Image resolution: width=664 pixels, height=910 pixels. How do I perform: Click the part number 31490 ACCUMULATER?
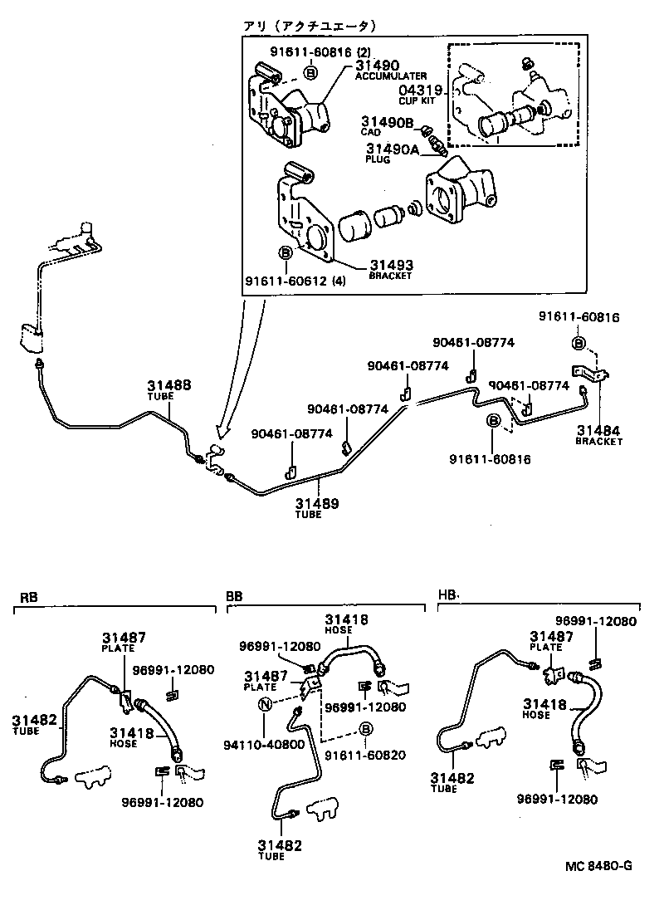tap(378, 70)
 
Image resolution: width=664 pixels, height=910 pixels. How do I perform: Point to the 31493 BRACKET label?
tap(391, 269)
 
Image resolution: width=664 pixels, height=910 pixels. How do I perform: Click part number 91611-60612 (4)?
tap(295, 281)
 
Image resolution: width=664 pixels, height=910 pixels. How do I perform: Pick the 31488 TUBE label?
tap(169, 389)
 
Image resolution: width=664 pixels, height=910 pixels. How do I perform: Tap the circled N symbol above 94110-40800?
tap(266, 705)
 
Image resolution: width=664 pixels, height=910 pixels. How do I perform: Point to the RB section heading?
tap(28, 597)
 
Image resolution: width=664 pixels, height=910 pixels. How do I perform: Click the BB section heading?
tap(234, 597)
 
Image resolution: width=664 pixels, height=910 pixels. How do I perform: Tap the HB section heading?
tap(447, 595)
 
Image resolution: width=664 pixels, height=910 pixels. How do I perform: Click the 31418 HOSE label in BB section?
tap(347, 624)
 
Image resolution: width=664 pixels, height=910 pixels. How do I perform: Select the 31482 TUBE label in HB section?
tap(452, 782)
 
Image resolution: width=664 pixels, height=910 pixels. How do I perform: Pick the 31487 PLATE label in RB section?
tap(124, 641)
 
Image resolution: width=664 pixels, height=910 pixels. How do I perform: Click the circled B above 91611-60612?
tap(285, 251)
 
